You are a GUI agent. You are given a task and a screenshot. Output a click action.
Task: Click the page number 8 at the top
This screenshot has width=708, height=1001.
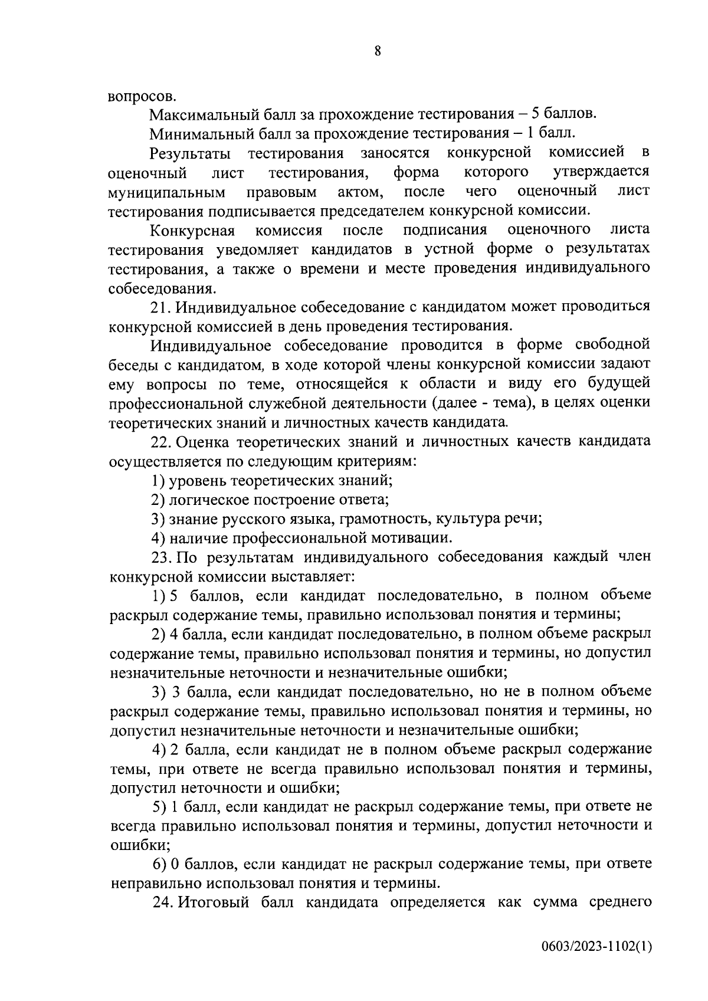pyautogui.click(x=377, y=51)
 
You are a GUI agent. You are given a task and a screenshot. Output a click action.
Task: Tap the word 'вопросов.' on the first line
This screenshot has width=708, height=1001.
pyautogui.click(x=142, y=96)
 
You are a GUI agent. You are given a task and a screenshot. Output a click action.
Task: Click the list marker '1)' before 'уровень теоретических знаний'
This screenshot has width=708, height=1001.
pyautogui.click(x=158, y=480)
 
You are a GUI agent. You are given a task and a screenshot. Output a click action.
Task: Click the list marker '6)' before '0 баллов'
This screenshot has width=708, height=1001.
pyautogui.click(x=159, y=864)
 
